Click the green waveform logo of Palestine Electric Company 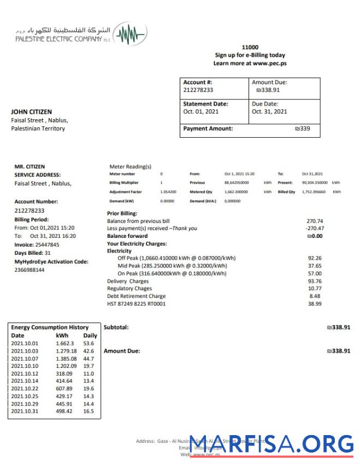(132, 36)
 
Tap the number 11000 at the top (250, 48)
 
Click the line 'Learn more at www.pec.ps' (250, 63)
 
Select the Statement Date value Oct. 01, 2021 (202, 112)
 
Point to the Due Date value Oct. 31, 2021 (269, 112)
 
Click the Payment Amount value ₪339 (302, 129)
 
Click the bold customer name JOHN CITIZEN (32, 112)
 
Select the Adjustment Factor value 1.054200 (168, 192)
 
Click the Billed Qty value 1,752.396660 (313, 192)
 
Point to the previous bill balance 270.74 (315, 221)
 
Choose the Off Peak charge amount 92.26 (315, 258)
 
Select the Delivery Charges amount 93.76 (315, 281)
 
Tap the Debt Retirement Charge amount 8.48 (315, 296)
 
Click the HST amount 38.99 (315, 304)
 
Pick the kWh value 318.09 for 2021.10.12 (65, 373)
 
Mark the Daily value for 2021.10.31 (88, 411)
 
